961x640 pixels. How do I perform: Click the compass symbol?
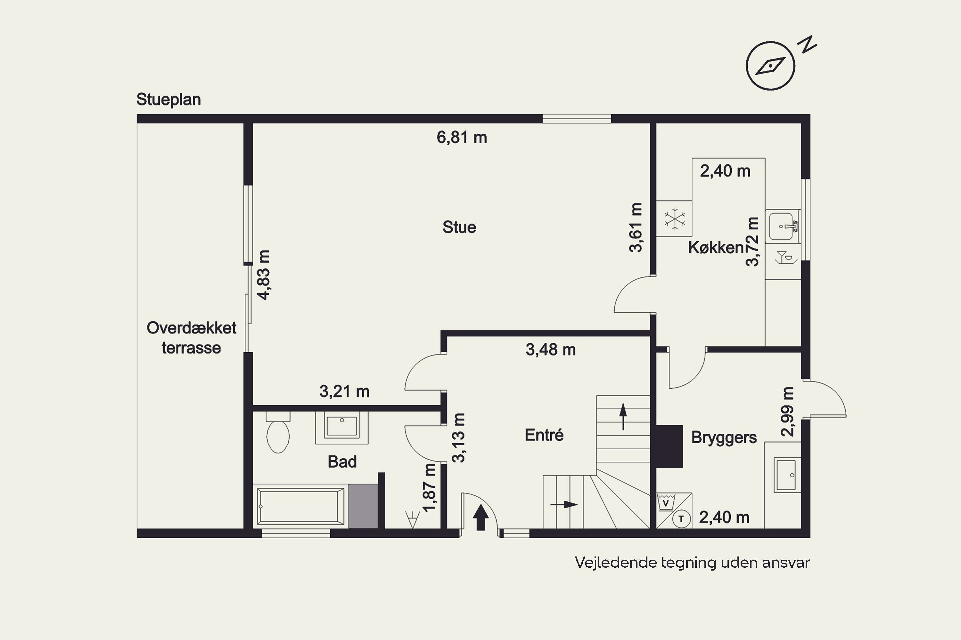[x=771, y=66]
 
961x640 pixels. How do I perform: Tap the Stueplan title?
[x=168, y=100]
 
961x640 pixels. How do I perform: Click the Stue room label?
[x=459, y=227]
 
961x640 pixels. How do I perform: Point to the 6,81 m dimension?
[x=462, y=137]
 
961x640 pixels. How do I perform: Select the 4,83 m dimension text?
[x=264, y=275]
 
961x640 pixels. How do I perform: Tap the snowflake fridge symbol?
[x=675, y=219]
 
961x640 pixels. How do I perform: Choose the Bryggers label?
[x=724, y=437]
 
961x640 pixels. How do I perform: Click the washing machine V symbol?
[x=666, y=502]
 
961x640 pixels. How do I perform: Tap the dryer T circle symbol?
[x=681, y=519]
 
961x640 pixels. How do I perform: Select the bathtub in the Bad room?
[x=300, y=506]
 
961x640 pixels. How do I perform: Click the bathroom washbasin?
[x=341, y=427]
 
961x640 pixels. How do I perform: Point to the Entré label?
[x=544, y=435]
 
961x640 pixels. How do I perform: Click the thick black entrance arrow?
[x=481, y=517]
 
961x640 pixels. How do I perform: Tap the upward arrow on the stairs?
[x=623, y=416]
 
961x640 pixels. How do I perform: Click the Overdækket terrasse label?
[x=191, y=338]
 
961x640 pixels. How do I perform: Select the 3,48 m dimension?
[x=551, y=349]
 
